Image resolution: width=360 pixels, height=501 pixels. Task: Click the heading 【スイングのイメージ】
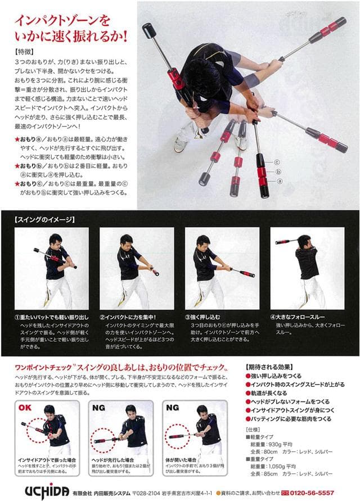44,219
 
